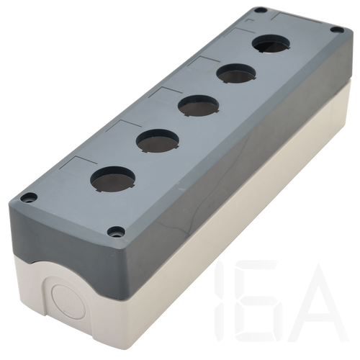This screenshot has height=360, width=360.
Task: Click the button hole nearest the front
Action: tap(112, 179)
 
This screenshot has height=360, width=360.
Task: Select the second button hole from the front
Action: tap(158, 141)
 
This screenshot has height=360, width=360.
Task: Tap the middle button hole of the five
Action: tap(199, 106)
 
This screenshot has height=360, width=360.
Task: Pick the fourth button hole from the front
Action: tap(236, 73)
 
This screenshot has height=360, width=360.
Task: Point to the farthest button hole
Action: tap(271, 45)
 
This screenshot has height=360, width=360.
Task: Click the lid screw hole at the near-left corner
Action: tap(29, 198)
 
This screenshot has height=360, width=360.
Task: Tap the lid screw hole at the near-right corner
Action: tap(116, 232)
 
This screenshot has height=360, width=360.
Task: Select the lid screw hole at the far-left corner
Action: tap(259, 11)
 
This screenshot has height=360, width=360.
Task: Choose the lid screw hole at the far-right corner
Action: tap(337, 30)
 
